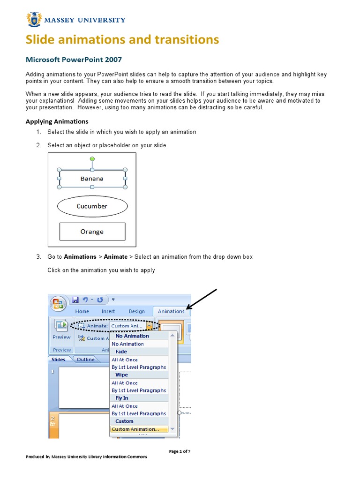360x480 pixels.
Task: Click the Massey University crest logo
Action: point(34,20)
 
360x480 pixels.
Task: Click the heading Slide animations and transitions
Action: point(122,39)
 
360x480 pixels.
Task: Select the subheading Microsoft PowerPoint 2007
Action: point(73,60)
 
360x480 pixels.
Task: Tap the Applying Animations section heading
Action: point(57,121)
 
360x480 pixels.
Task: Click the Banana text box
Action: point(92,179)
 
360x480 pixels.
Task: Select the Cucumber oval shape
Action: point(92,206)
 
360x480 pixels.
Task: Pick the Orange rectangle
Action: point(92,232)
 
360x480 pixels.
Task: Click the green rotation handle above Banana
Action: point(92,159)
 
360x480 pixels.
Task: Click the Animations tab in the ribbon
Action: point(171,311)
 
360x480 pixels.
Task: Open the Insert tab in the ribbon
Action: point(108,311)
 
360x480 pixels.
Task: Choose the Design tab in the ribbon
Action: point(137,311)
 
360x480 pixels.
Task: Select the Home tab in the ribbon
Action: point(82,311)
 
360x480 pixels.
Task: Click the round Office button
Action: point(59,304)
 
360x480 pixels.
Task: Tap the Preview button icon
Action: point(61,326)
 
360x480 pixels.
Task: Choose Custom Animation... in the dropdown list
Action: point(135,429)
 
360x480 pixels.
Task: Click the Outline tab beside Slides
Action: point(86,360)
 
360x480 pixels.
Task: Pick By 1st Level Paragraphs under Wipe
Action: point(139,390)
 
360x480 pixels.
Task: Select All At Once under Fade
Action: point(125,360)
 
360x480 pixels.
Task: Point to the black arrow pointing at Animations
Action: point(202,300)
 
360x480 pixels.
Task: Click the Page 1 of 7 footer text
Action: point(180,451)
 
